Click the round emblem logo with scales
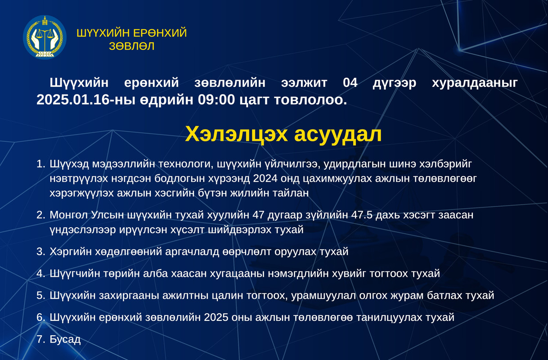tap(45, 37)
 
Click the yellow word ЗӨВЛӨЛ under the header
tap(132, 46)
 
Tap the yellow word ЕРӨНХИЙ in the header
tap(160, 33)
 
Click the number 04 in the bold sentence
tap(350, 82)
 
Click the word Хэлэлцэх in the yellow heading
tap(236, 134)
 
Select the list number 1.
tap(40, 164)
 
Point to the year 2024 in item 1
tap(265, 178)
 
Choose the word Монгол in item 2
tap(68, 215)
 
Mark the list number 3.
tap(40, 252)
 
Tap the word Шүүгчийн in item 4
tap(72, 274)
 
